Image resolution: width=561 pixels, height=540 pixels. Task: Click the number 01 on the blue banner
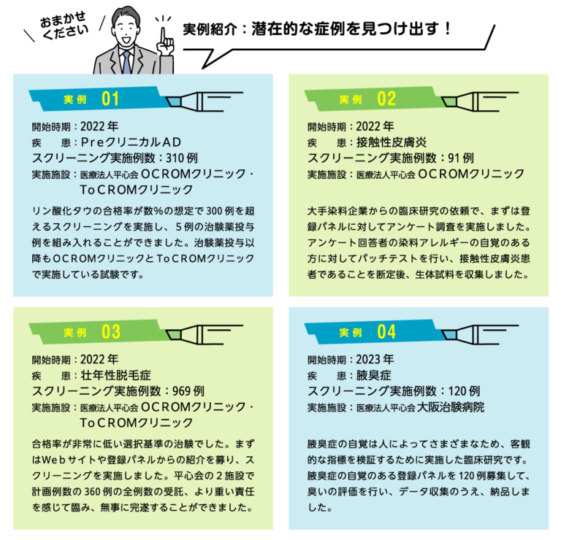point(110,98)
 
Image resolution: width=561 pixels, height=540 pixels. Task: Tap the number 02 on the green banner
point(386,99)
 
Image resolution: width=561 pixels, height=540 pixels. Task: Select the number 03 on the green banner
point(110,332)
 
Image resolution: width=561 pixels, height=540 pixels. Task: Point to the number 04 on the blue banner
point(386,332)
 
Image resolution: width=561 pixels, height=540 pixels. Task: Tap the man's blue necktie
point(127,61)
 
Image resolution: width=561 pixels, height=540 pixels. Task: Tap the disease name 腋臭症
point(375,375)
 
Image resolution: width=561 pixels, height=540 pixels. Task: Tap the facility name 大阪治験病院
point(450,407)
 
